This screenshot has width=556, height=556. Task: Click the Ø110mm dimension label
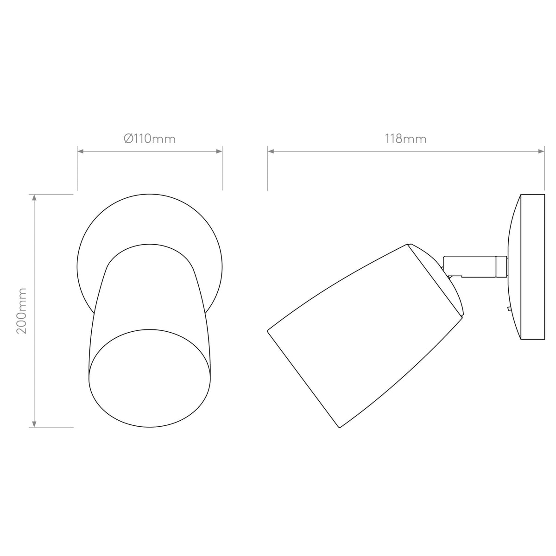(x=150, y=139)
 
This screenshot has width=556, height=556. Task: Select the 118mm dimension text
(x=405, y=139)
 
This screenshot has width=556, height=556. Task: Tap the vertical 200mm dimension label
(x=22, y=310)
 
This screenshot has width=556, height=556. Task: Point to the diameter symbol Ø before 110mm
(x=128, y=139)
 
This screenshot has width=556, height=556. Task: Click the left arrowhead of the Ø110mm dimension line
(x=80, y=151)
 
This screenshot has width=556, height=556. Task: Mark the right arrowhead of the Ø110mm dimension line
(x=220, y=151)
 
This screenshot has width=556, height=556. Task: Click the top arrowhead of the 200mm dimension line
(x=34, y=197)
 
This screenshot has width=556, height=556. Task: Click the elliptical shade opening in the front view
(x=150, y=378)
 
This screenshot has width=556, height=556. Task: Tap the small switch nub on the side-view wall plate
(x=509, y=308)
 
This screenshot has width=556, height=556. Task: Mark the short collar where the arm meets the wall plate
(x=501, y=268)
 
